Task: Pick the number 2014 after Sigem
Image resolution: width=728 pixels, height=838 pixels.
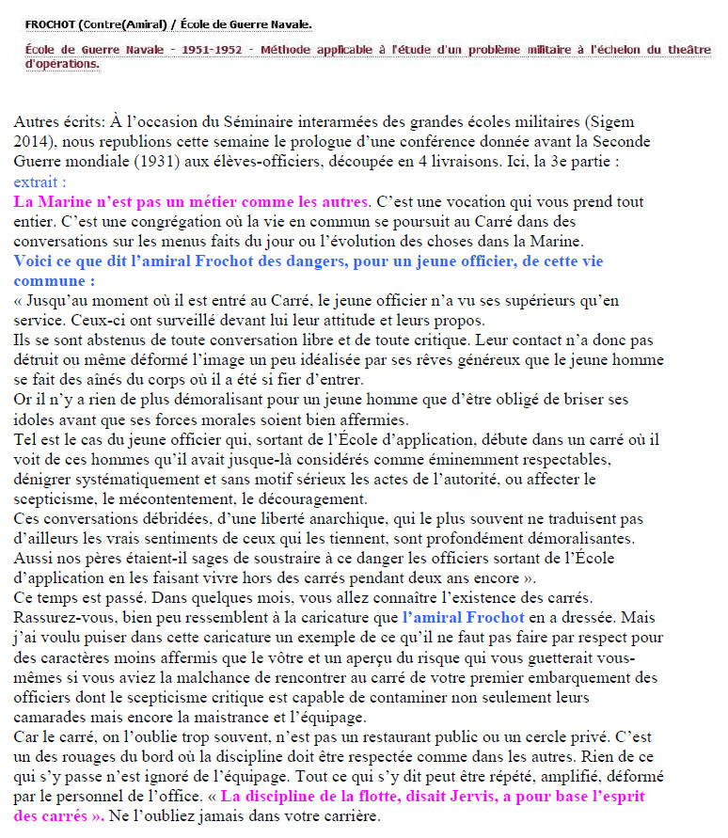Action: point(35,143)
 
